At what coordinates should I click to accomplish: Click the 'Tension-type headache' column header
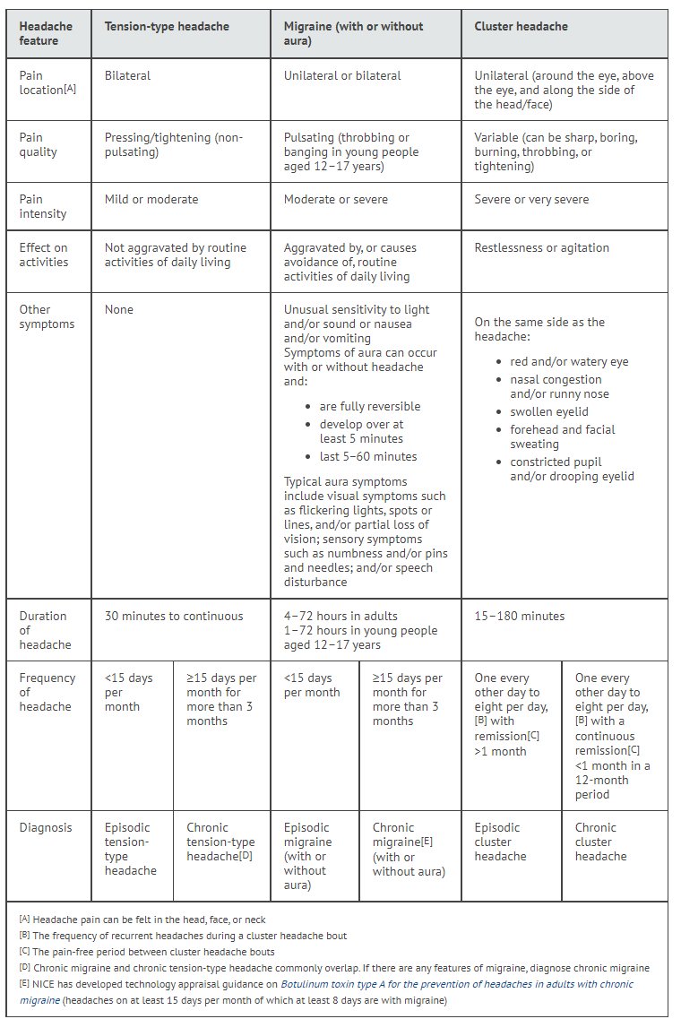pos(167,27)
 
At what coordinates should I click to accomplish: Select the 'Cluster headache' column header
pos(521,27)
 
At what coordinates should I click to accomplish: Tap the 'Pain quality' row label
pos(39,144)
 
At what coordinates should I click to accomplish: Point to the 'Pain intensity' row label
pos(43,206)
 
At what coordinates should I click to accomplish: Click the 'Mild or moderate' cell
pos(151,199)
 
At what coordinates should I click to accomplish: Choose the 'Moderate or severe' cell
pos(336,199)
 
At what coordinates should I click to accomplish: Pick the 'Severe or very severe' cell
pos(531,199)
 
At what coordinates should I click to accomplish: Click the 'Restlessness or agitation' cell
pos(541,247)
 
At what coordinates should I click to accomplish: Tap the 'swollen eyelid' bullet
pos(549,411)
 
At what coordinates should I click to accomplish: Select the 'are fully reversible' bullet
pos(369,406)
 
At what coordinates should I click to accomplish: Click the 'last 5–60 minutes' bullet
pos(367,456)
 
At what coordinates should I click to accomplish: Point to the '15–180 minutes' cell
pos(519,616)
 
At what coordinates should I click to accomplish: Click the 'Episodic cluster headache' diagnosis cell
pos(500,842)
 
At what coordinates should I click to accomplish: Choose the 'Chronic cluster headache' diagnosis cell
pos(600,842)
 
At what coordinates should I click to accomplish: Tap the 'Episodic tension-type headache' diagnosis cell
pos(130,849)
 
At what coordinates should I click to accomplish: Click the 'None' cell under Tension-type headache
pos(118,309)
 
